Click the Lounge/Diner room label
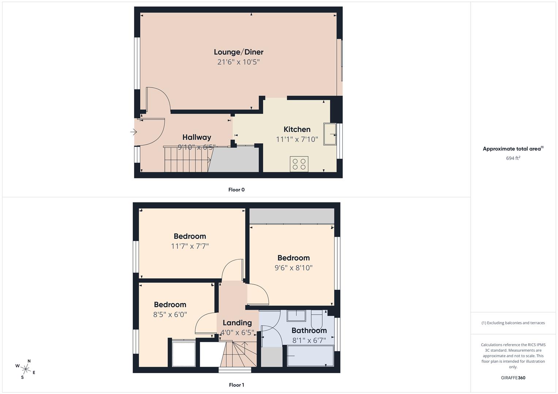[x=238, y=52]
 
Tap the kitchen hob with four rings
[x=299, y=164]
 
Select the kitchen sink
[x=330, y=134]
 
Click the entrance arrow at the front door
[x=133, y=132]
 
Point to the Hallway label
[x=197, y=137]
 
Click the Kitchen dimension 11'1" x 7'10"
[x=297, y=139]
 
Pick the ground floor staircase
[x=186, y=159]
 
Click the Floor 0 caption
[x=236, y=190]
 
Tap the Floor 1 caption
[x=236, y=385]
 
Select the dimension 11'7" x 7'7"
[x=190, y=246]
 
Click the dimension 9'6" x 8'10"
[x=293, y=268]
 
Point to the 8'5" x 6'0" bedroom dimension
[x=170, y=314]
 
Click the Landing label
[x=237, y=323]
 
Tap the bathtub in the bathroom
[x=310, y=356]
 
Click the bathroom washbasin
[x=296, y=316]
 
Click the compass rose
[x=26, y=369]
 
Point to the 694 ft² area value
[x=513, y=158]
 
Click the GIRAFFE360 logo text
[x=513, y=378]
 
